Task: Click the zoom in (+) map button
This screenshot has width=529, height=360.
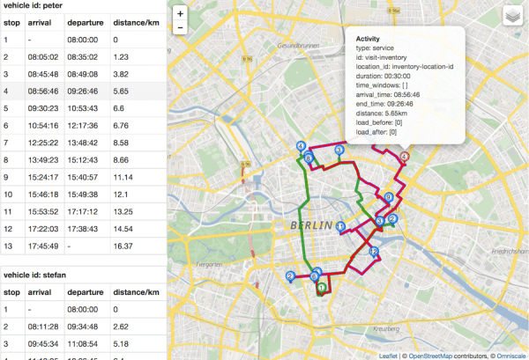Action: tap(180, 13)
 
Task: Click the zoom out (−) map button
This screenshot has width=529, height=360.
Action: tap(180, 28)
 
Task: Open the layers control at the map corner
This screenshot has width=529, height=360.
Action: tap(513, 17)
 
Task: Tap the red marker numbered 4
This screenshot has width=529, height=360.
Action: tap(405, 156)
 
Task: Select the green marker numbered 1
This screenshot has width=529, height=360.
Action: tap(322, 286)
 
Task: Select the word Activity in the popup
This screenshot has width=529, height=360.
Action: tap(369, 40)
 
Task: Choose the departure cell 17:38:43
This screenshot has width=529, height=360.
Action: tap(86, 229)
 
